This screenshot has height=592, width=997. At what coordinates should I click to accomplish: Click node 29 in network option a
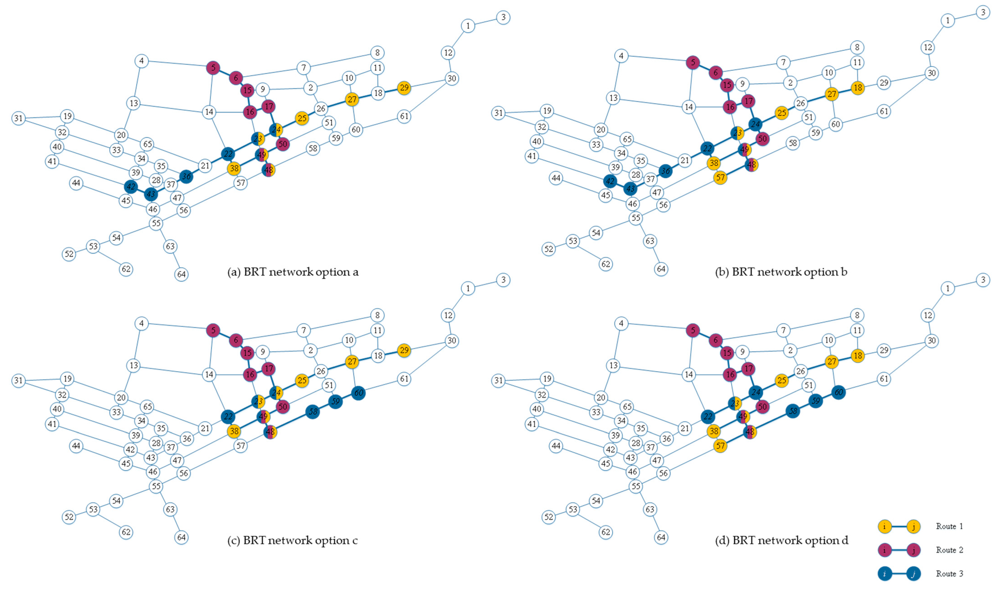404,87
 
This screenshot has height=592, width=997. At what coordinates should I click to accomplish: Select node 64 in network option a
181,274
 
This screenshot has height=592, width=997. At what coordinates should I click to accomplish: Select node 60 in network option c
359,393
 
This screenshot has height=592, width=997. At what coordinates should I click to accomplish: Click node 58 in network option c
313,411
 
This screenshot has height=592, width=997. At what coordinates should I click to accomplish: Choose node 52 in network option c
69,517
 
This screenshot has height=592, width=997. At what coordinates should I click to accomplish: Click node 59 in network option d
816,401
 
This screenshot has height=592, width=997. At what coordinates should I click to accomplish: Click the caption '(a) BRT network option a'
293,272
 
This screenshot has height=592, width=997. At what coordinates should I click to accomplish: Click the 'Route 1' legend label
949,526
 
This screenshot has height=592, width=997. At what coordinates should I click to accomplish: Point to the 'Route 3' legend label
949,574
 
